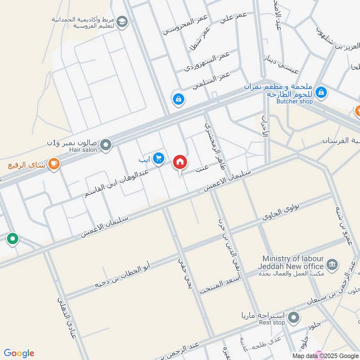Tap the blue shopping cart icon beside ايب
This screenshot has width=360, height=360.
point(158,158)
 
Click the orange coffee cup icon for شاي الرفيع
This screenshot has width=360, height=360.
point(54,164)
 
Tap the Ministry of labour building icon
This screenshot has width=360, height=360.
point(332,264)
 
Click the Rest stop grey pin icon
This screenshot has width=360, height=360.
point(293,318)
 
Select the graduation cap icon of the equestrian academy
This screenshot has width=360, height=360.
point(121,21)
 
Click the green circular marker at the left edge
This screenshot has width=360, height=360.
point(13,239)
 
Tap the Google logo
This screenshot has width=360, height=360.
point(18,353)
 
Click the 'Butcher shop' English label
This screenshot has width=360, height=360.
point(294,102)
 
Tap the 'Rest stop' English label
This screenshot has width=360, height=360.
point(273,323)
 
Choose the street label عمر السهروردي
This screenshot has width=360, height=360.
point(207,62)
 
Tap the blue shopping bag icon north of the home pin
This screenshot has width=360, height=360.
point(179,99)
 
